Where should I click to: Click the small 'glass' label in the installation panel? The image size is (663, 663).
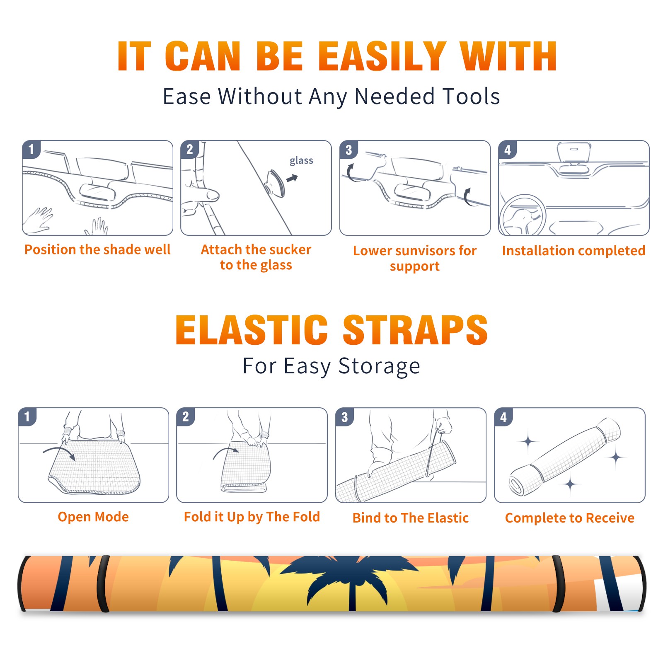[x=301, y=161]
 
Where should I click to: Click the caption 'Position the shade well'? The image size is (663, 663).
[x=97, y=249]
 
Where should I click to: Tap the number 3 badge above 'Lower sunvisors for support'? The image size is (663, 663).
[x=348, y=150]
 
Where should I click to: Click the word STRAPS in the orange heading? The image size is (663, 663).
[x=415, y=330]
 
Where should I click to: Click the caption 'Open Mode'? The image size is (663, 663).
[x=93, y=517]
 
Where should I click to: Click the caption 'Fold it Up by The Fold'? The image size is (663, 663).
[x=252, y=517]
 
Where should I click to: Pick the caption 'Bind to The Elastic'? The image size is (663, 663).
[x=411, y=518]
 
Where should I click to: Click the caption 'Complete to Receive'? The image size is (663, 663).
[x=570, y=518]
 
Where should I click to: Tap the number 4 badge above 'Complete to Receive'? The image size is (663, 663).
[x=503, y=417]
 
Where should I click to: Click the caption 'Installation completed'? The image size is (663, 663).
[x=573, y=251]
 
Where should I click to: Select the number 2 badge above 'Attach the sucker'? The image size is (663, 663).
[x=190, y=150]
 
